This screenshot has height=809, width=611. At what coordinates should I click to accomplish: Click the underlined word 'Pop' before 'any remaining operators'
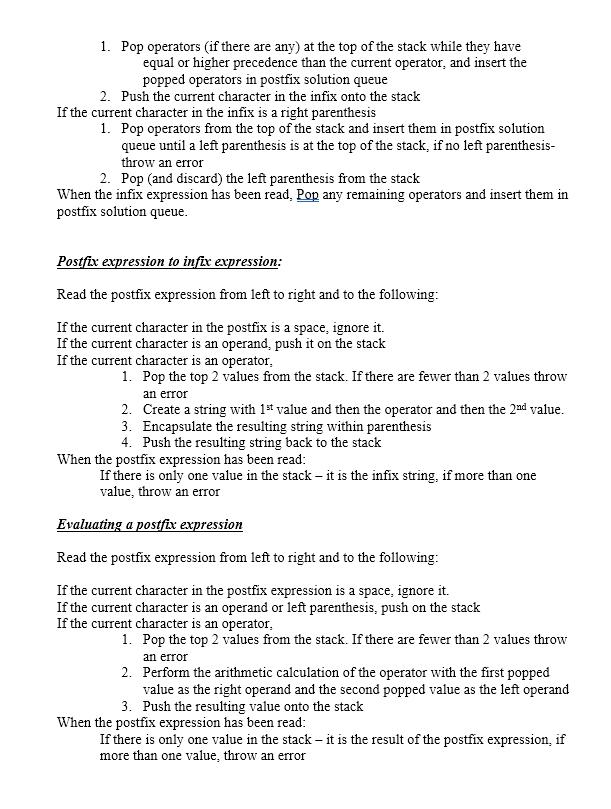click(x=308, y=195)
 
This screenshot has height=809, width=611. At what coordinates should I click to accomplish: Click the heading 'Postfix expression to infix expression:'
click(x=169, y=261)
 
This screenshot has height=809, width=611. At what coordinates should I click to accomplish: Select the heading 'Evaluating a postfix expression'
click(x=150, y=524)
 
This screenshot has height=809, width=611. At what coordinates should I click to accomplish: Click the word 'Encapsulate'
click(x=181, y=426)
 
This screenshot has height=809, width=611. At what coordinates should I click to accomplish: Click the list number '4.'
click(x=127, y=442)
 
